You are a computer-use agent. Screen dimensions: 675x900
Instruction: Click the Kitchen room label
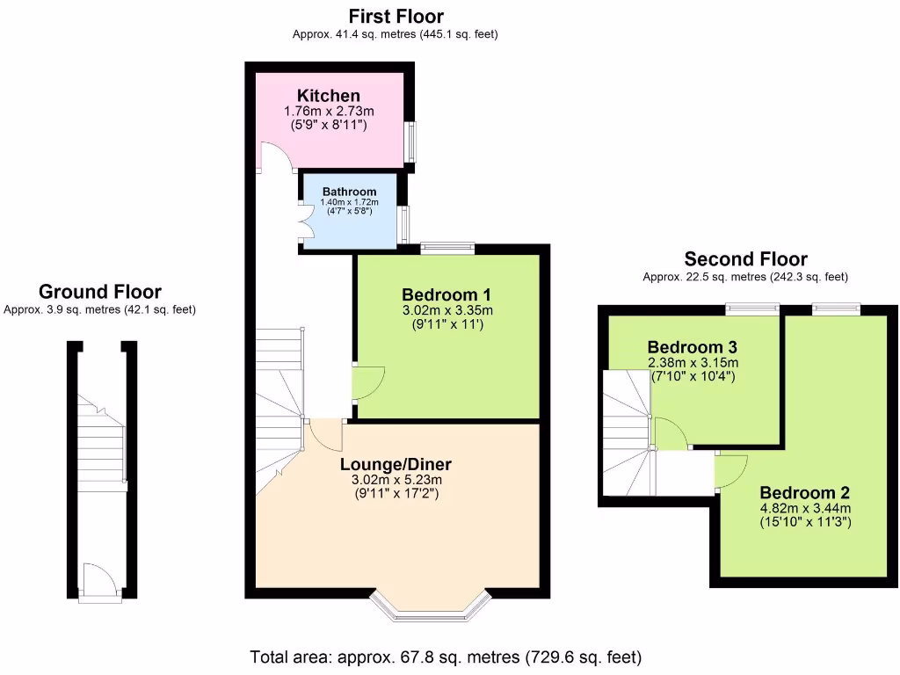point(328,96)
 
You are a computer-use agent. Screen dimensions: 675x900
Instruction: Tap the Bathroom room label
point(349,192)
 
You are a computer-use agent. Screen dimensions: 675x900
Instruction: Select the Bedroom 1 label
point(446,294)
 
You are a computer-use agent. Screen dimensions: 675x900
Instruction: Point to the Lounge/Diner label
point(396,464)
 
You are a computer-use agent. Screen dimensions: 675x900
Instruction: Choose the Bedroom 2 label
point(805,492)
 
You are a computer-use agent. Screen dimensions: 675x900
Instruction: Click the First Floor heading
point(396,16)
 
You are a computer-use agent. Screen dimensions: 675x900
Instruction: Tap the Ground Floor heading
point(99,292)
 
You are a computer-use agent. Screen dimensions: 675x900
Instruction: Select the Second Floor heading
point(745,258)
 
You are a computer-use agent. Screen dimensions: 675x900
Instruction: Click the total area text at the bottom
point(446,657)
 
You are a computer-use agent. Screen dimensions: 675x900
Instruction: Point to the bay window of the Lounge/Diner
point(429,606)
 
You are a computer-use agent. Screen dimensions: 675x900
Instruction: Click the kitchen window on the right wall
point(410,141)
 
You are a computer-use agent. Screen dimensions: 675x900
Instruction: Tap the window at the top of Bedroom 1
point(447,249)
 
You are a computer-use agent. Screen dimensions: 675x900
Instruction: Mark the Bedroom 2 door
point(731,471)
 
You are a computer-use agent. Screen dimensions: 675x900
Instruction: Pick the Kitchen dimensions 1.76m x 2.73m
point(328,112)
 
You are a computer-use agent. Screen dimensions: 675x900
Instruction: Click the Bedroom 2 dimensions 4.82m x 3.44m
point(805,508)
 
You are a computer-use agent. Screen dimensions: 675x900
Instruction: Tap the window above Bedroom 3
point(751,308)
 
